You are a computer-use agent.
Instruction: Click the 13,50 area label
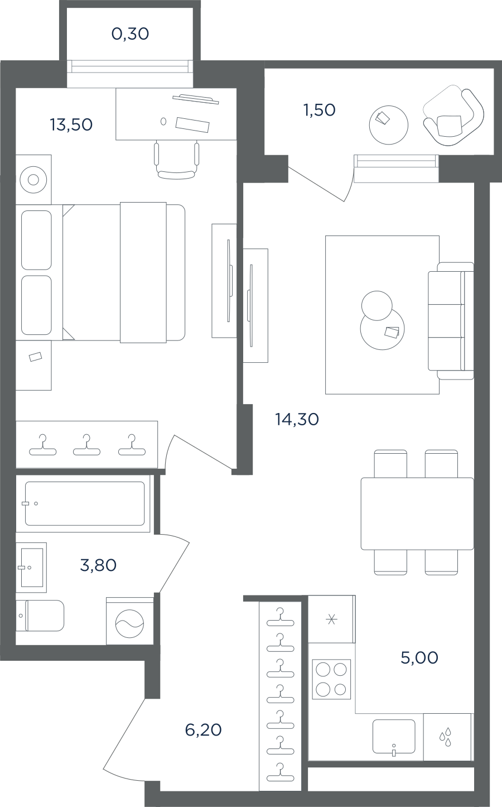(x=71, y=124)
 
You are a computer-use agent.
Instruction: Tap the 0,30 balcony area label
(x=130, y=34)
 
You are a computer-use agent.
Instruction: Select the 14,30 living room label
(x=297, y=419)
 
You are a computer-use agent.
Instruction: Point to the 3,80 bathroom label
(x=98, y=565)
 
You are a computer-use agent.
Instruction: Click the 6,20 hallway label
(x=203, y=730)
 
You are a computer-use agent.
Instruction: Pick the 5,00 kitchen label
(x=419, y=657)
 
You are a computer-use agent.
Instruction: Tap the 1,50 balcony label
(x=320, y=111)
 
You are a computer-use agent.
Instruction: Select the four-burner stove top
(x=331, y=679)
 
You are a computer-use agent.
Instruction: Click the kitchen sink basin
(x=394, y=736)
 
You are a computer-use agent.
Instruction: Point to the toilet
(x=40, y=616)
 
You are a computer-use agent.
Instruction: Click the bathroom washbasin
(x=31, y=568)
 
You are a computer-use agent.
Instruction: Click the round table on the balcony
(x=389, y=125)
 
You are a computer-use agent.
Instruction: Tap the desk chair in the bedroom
(x=176, y=161)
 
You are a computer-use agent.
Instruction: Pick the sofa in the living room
(x=451, y=321)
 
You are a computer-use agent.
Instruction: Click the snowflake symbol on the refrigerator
(x=331, y=620)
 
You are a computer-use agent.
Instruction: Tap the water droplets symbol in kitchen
(x=446, y=737)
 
